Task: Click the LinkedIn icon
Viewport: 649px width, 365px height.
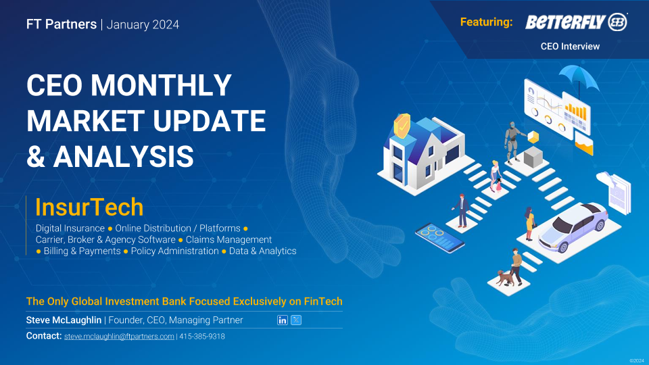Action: (x=283, y=320)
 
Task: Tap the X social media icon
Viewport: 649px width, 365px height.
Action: (x=296, y=320)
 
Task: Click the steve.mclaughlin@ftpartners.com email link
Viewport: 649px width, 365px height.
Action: (x=119, y=337)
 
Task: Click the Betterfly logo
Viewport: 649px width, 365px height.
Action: (x=576, y=22)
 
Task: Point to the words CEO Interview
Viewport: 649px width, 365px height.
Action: (x=570, y=47)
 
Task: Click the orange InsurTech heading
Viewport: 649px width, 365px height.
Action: (x=89, y=207)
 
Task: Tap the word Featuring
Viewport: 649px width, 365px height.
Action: (x=486, y=22)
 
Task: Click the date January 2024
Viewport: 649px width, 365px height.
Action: (x=143, y=25)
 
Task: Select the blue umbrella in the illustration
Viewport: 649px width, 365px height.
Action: (x=579, y=78)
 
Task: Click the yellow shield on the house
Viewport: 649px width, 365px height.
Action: (x=402, y=126)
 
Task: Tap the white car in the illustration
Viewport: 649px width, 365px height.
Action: (x=573, y=227)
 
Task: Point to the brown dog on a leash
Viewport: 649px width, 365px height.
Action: (x=506, y=278)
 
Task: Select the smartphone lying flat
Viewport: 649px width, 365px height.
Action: (x=439, y=237)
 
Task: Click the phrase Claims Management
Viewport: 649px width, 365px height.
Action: (x=229, y=239)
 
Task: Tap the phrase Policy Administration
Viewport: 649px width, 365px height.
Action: (x=174, y=251)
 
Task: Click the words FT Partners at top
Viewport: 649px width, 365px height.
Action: (x=62, y=24)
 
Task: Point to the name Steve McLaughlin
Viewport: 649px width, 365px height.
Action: (x=64, y=320)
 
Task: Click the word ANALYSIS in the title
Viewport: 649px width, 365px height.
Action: (x=123, y=156)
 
